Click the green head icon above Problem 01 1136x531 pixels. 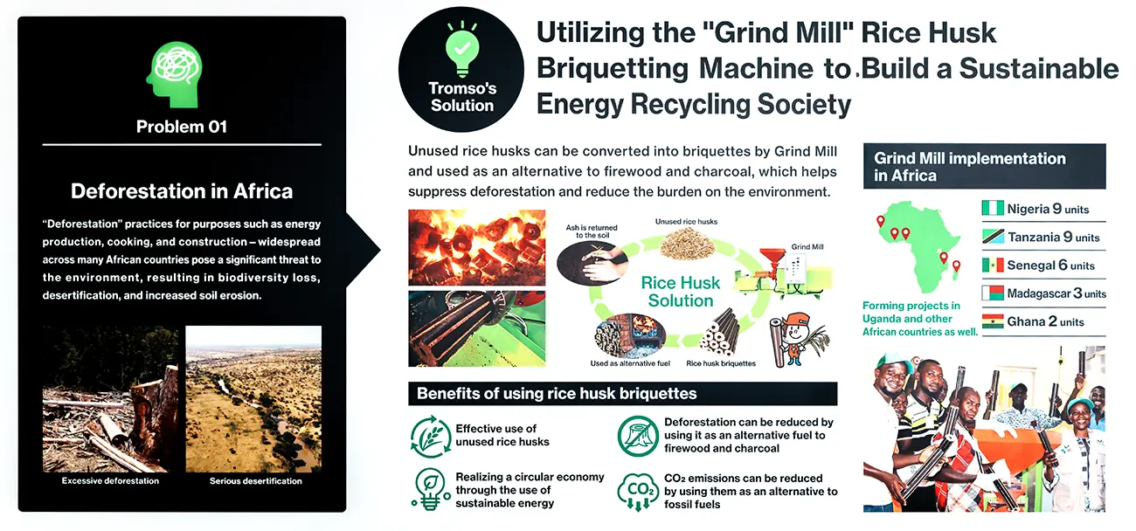tap(175, 74)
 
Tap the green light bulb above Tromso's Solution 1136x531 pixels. tap(461, 49)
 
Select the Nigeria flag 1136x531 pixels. tap(993, 208)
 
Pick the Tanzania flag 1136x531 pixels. tap(993, 236)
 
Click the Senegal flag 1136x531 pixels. tap(993, 265)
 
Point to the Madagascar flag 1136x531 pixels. tap(993, 293)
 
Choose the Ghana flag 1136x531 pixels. tap(993, 321)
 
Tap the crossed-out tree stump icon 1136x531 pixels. tap(638, 436)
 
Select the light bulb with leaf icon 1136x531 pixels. tap(431, 489)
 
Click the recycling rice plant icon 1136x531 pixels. tap(431, 437)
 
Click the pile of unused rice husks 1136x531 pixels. tap(687, 244)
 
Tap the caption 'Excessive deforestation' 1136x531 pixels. tap(110, 481)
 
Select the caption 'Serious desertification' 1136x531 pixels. tap(255, 481)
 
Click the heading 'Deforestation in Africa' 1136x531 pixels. tap(182, 191)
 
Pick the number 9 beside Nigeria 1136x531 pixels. tap(1056, 208)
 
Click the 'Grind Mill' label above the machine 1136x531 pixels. tap(807, 247)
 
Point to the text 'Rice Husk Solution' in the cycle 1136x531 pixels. tap(681, 292)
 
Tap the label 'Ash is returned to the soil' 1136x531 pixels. tap(592, 231)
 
